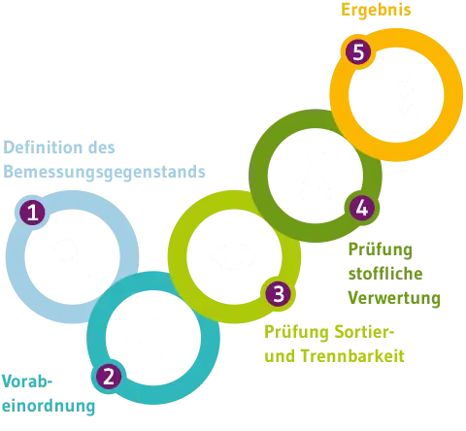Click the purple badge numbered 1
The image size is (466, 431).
click(32, 213)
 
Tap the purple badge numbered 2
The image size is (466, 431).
click(109, 377)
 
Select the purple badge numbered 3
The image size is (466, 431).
click(278, 294)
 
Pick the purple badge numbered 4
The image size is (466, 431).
click(362, 208)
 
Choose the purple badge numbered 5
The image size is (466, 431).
click(358, 51)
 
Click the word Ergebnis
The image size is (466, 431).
click(376, 10)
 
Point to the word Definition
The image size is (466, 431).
click(43, 148)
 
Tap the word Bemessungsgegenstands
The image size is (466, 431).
click(104, 172)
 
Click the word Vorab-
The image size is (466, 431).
click(27, 381)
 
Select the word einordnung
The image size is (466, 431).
click(49, 406)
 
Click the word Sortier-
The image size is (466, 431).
click(365, 332)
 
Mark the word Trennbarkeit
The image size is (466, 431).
click(353, 356)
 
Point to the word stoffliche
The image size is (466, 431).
click(385, 274)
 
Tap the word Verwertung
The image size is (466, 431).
click(394, 298)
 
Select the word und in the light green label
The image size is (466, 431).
click(280, 356)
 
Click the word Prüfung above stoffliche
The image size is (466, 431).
click(381, 249)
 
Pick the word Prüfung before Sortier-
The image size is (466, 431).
click(296, 332)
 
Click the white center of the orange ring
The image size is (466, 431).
click(396, 95)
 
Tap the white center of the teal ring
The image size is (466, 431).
click(153, 338)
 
